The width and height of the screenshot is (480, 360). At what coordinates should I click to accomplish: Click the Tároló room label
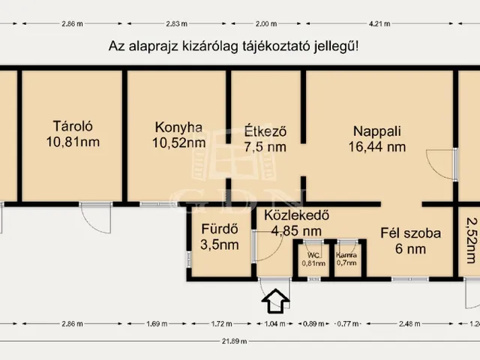(x=72, y=125)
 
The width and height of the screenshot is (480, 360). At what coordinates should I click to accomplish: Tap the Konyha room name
(x=178, y=126)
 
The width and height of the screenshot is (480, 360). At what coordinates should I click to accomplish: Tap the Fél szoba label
(x=410, y=232)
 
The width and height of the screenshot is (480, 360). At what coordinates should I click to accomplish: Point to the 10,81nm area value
(x=72, y=140)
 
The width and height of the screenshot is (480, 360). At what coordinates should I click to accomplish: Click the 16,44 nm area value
(x=376, y=147)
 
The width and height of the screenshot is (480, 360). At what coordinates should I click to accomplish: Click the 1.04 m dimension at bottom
(x=276, y=324)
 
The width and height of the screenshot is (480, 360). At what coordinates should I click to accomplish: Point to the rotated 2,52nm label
(x=470, y=240)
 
